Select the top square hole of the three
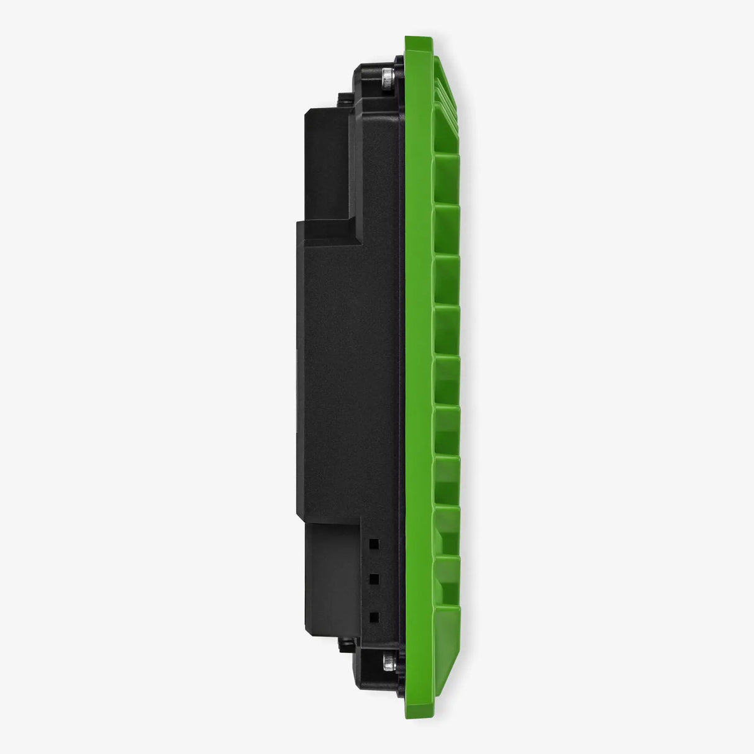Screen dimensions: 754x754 click(374, 543)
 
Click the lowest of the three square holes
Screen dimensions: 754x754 click(374, 616)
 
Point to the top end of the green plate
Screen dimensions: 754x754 click(415, 39)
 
